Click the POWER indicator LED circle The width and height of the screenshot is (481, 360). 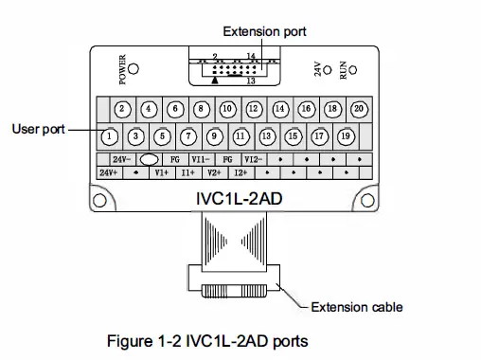click(135, 69)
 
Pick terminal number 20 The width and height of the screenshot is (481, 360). click(359, 109)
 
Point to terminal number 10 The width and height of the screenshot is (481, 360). click(227, 109)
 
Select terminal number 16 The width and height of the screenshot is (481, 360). click(306, 109)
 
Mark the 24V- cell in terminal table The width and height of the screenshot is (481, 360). click(122, 160)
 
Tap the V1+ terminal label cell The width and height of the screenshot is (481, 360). click(162, 173)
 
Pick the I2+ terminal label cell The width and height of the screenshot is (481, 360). click(240, 173)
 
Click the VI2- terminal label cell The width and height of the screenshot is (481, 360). click(253, 160)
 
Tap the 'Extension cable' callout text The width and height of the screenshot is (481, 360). click(358, 306)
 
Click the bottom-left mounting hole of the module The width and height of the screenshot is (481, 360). click(98, 200)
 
